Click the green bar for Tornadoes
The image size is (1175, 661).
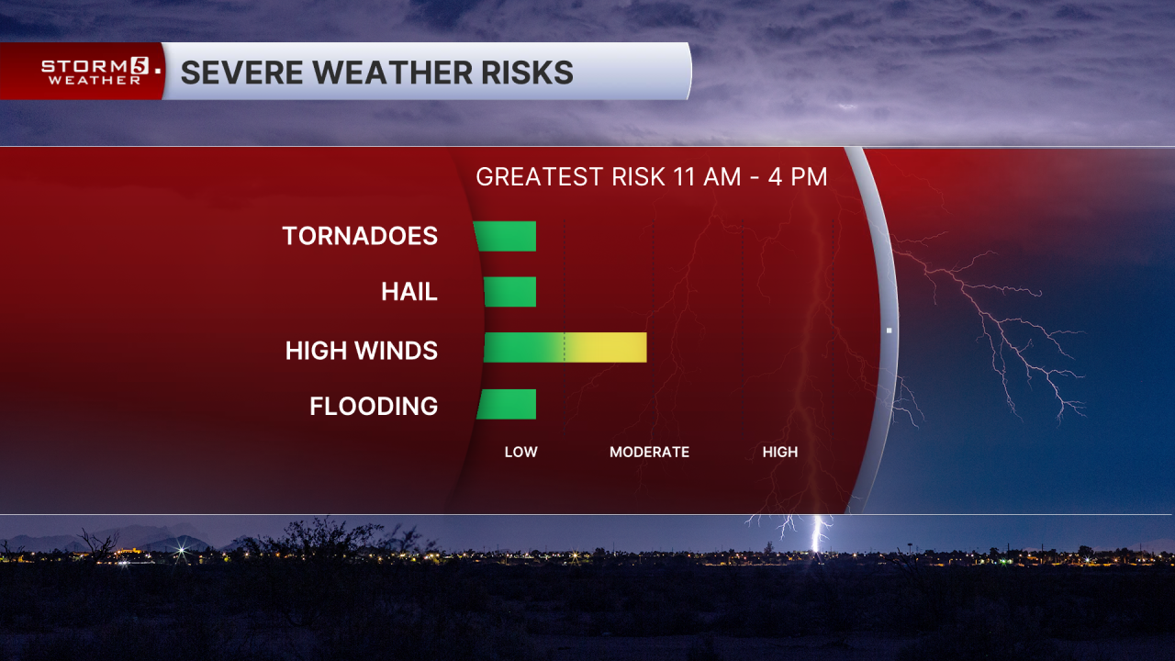[x=506, y=236]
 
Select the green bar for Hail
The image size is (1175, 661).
[x=510, y=292]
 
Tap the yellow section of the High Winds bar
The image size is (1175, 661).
[x=606, y=348]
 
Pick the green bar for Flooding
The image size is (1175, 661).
[x=507, y=404]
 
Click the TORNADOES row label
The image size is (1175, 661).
[x=360, y=236]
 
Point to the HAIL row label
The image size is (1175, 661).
[x=409, y=292]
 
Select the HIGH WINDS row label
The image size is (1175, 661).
[x=362, y=350]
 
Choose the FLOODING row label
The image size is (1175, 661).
[x=374, y=406]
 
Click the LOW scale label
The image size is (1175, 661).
[x=520, y=452]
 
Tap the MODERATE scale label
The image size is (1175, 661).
[x=649, y=452]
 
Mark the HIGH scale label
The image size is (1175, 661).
[x=780, y=452]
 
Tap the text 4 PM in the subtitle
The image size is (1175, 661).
[x=798, y=176]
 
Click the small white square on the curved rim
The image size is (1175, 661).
[x=889, y=330]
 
